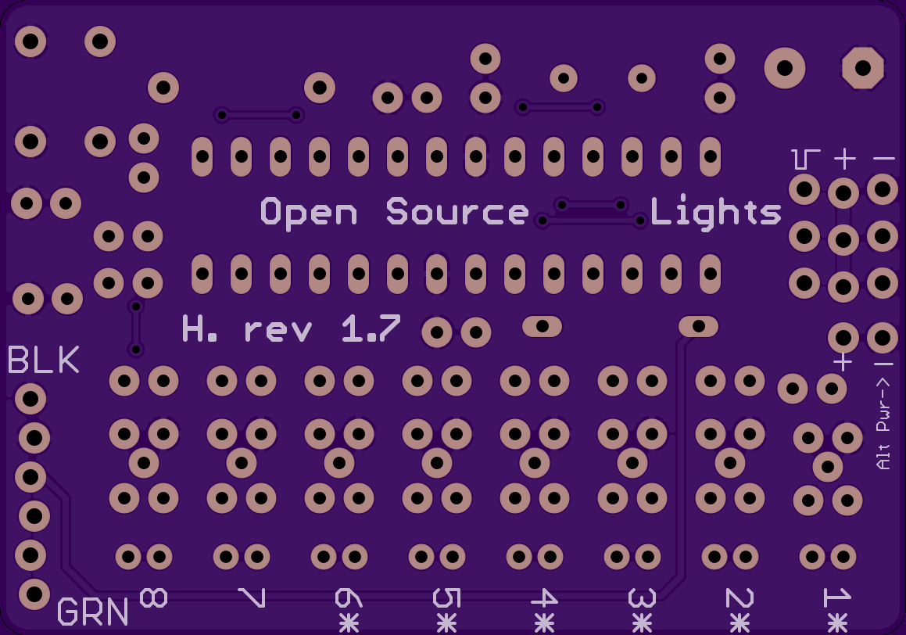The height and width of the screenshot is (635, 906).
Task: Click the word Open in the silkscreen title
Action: (x=309, y=212)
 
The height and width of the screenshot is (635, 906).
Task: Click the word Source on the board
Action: (x=457, y=212)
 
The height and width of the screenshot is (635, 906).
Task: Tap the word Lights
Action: (x=715, y=212)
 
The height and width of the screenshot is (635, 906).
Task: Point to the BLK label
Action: (x=44, y=361)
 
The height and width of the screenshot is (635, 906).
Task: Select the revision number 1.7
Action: (x=371, y=329)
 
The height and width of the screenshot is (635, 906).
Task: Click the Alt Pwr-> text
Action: (x=884, y=424)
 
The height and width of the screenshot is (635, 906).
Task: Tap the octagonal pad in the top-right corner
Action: (x=862, y=68)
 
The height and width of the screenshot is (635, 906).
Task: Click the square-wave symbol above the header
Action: (x=805, y=159)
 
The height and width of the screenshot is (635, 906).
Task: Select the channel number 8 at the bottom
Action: (x=153, y=598)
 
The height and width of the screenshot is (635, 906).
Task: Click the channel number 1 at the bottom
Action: (x=837, y=598)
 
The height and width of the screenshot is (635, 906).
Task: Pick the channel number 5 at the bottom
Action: (x=446, y=598)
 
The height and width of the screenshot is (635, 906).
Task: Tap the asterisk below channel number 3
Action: (x=642, y=622)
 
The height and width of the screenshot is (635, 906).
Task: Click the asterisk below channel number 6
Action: (x=349, y=622)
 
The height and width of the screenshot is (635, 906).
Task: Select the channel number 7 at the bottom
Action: (x=252, y=598)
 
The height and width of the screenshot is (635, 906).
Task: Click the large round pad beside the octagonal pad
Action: (x=784, y=68)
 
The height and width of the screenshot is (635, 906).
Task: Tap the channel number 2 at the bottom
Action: (x=739, y=598)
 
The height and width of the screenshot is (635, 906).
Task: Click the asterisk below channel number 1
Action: (x=837, y=622)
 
